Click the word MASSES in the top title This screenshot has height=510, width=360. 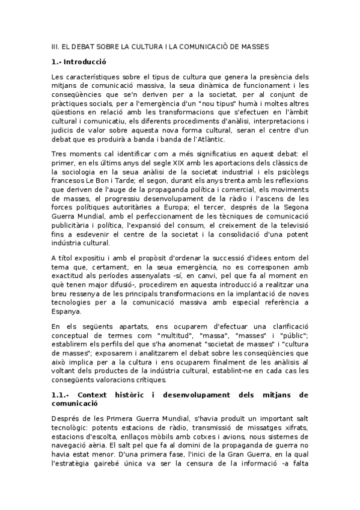(x=254, y=46)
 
